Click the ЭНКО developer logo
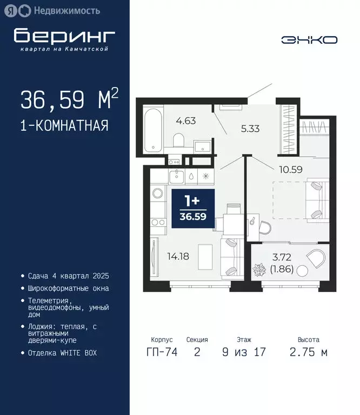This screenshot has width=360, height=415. pos(309,40)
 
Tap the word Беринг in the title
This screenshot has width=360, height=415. pos(65,36)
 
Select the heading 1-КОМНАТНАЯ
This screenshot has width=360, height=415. pos(64,126)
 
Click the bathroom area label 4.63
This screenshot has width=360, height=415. pos(185,121)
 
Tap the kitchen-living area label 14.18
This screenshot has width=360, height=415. pos(178,256)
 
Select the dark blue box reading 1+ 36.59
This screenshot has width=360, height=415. pos(192,208)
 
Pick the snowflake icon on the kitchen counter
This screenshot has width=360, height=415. pos(205,176)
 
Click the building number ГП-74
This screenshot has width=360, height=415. pos(160,353)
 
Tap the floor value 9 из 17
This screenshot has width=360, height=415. pos(244,353)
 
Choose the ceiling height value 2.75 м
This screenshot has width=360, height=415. pos(308,353)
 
